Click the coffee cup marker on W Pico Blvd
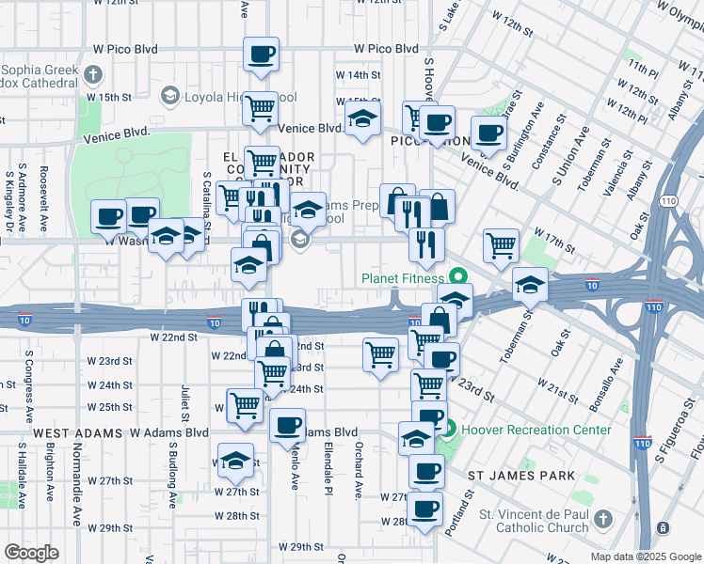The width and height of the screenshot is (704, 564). (x=261, y=54)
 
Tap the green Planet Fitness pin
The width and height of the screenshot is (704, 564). (x=458, y=277)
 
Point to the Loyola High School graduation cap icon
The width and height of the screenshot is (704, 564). (x=169, y=95)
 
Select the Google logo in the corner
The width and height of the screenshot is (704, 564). (x=33, y=553)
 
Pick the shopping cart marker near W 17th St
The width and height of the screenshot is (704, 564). (x=501, y=246)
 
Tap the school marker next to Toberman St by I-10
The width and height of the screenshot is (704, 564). (x=530, y=285)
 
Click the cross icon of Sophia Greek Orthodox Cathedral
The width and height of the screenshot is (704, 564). (x=92, y=74)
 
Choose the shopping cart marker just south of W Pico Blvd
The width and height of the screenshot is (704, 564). (x=261, y=107)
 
